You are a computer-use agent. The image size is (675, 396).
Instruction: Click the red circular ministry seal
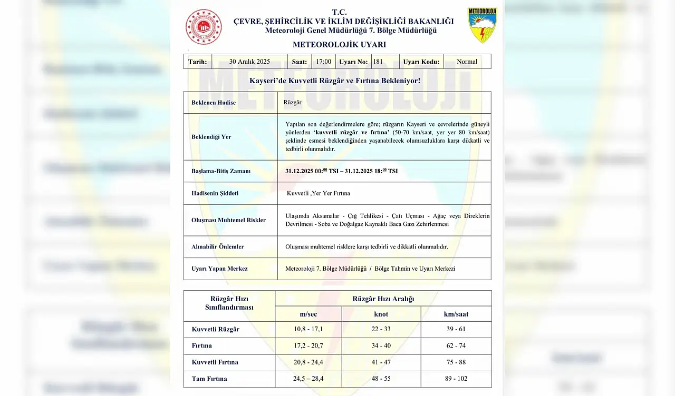tap(204, 27)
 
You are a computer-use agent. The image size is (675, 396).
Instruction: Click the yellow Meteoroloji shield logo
tap(482, 25)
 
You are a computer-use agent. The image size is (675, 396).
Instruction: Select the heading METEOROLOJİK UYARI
tap(339, 45)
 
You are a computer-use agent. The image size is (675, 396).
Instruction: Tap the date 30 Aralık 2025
tap(249, 62)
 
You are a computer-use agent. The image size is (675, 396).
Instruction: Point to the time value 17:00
tap(323, 62)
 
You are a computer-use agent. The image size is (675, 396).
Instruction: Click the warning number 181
tap(378, 62)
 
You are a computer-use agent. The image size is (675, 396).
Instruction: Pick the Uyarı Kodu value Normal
tap(467, 62)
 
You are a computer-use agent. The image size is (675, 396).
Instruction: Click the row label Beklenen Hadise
tap(214, 103)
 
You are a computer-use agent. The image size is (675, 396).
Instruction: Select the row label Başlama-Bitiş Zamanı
tap(221, 171)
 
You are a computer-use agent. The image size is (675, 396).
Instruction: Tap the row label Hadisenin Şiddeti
tap(215, 193)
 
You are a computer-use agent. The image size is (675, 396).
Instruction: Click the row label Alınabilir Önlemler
tap(218, 246)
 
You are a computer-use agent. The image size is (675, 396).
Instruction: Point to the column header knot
tap(381, 314)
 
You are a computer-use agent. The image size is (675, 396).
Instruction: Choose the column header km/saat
tap(456, 314)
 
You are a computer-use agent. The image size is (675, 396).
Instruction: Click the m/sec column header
tap(308, 314)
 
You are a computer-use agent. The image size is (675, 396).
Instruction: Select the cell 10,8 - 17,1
tap(308, 329)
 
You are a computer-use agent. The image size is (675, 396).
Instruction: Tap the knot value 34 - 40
tap(381, 345)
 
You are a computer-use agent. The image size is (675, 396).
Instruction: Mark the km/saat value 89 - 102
tap(456, 379)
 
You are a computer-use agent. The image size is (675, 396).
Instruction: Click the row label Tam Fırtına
tap(209, 379)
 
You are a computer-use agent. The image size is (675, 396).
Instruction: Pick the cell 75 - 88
tap(456, 362)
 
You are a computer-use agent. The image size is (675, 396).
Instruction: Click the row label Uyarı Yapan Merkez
tap(219, 269)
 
